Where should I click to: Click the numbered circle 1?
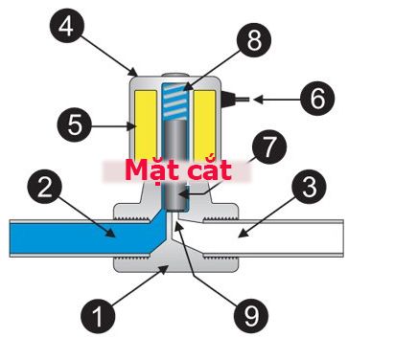[x=98, y=316]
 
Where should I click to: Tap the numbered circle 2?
[x=45, y=187]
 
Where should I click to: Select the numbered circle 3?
[x=309, y=187]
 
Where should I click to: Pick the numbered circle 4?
[x=67, y=25]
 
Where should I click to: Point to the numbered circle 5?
[x=75, y=124]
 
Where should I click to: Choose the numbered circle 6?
[x=317, y=99]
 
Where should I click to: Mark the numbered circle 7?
[x=269, y=146]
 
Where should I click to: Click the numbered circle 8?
[x=254, y=40]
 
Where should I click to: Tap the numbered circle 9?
[x=251, y=316]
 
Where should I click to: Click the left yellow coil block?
[x=146, y=125]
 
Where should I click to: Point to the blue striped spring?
[x=174, y=101]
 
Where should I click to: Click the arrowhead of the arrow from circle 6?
[x=258, y=100]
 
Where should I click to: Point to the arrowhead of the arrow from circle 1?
[x=164, y=270]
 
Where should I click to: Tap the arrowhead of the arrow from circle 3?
[x=243, y=234]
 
